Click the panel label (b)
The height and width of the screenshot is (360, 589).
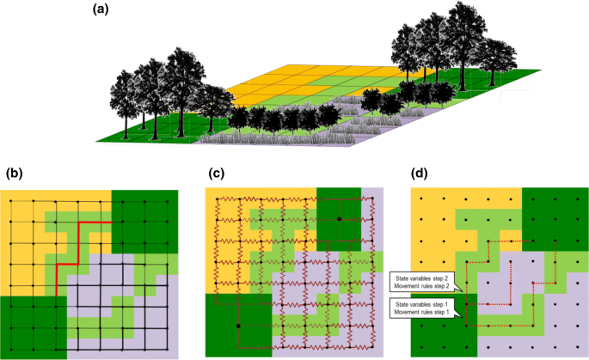(x=15, y=173)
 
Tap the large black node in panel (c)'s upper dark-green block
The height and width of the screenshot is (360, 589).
(x=340, y=220)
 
